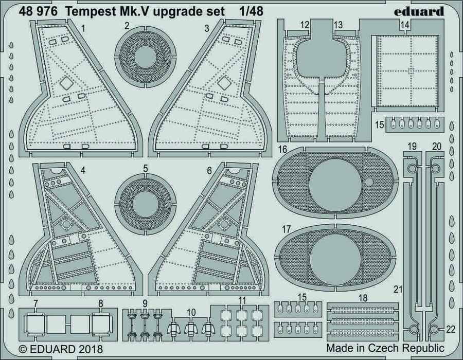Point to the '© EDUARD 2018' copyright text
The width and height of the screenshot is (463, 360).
point(60,349)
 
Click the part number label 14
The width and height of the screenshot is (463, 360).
point(405,25)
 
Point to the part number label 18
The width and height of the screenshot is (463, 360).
point(363,298)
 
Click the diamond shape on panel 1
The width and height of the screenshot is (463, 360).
point(66,82)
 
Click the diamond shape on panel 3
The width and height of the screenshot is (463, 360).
point(223,82)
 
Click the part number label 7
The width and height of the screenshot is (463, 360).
point(34,302)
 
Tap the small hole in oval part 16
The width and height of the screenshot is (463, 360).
point(370,182)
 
